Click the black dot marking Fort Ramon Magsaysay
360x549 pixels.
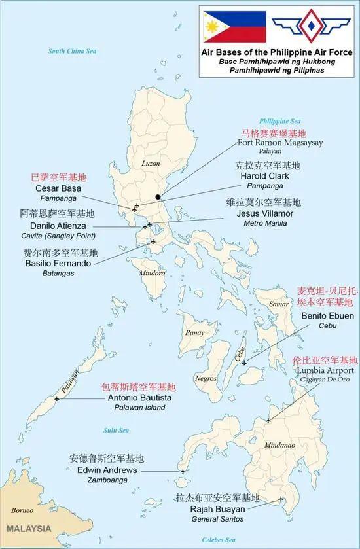158,197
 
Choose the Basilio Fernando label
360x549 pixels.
55,263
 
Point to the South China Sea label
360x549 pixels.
73,50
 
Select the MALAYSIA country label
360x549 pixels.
29,527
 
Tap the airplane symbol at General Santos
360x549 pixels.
281,500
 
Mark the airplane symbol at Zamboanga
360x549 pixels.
183,471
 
